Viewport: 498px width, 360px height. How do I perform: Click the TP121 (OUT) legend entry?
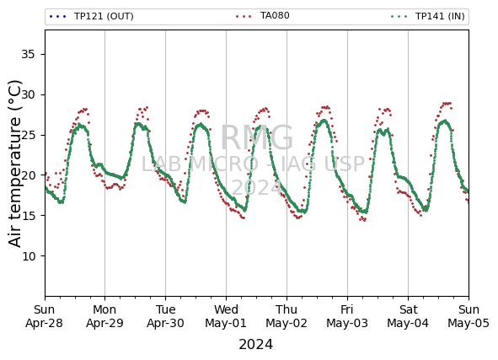click(92, 16)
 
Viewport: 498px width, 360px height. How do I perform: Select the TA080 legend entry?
click(263, 15)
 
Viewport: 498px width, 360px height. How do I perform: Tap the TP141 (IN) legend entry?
click(428, 16)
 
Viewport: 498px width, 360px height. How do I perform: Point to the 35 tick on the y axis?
click(28, 54)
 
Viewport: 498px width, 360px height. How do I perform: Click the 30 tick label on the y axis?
click(28, 94)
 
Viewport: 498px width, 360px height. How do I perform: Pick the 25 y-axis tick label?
click(28, 135)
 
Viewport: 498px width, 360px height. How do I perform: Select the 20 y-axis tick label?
click(28, 175)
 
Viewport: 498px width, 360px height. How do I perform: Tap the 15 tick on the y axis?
click(28, 216)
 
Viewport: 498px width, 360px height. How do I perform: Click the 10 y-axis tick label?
click(28, 255)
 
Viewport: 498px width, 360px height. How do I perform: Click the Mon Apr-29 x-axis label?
click(104, 316)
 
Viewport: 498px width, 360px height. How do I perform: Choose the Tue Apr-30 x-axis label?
click(165, 316)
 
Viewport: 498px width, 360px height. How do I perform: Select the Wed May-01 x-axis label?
click(226, 316)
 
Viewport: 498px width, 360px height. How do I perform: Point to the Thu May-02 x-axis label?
click(286, 316)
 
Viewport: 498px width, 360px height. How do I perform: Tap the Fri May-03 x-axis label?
click(347, 316)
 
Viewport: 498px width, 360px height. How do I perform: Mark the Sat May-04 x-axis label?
click(408, 316)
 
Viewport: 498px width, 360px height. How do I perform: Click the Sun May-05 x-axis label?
click(469, 316)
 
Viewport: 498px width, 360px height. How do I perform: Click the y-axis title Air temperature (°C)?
click(15, 164)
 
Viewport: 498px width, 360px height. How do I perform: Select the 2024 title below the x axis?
click(255, 345)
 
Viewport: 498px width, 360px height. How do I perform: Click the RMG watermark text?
click(257, 137)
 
